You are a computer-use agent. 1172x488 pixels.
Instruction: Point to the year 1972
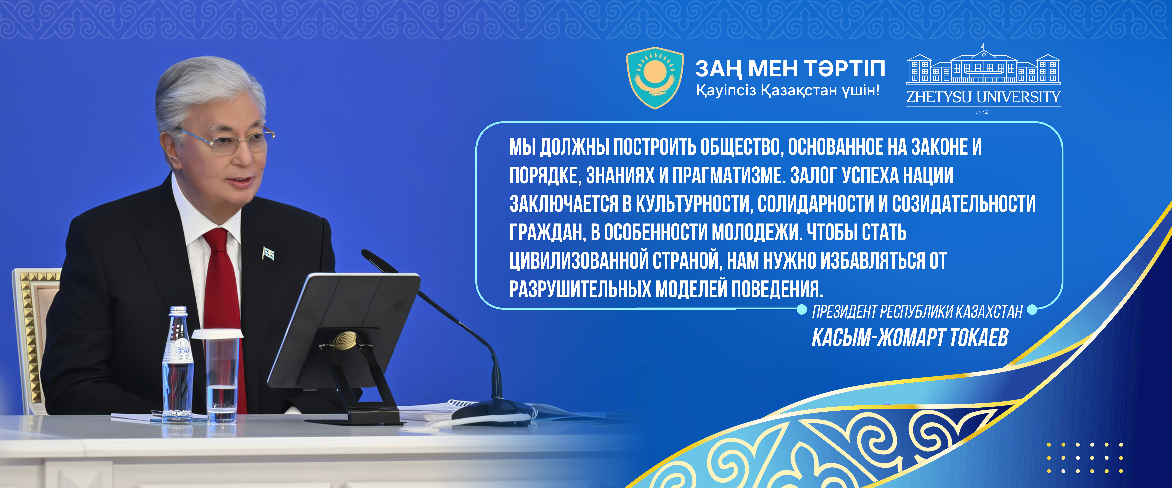coord(982,111)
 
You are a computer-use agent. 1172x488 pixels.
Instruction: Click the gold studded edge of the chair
coord(31,337)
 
